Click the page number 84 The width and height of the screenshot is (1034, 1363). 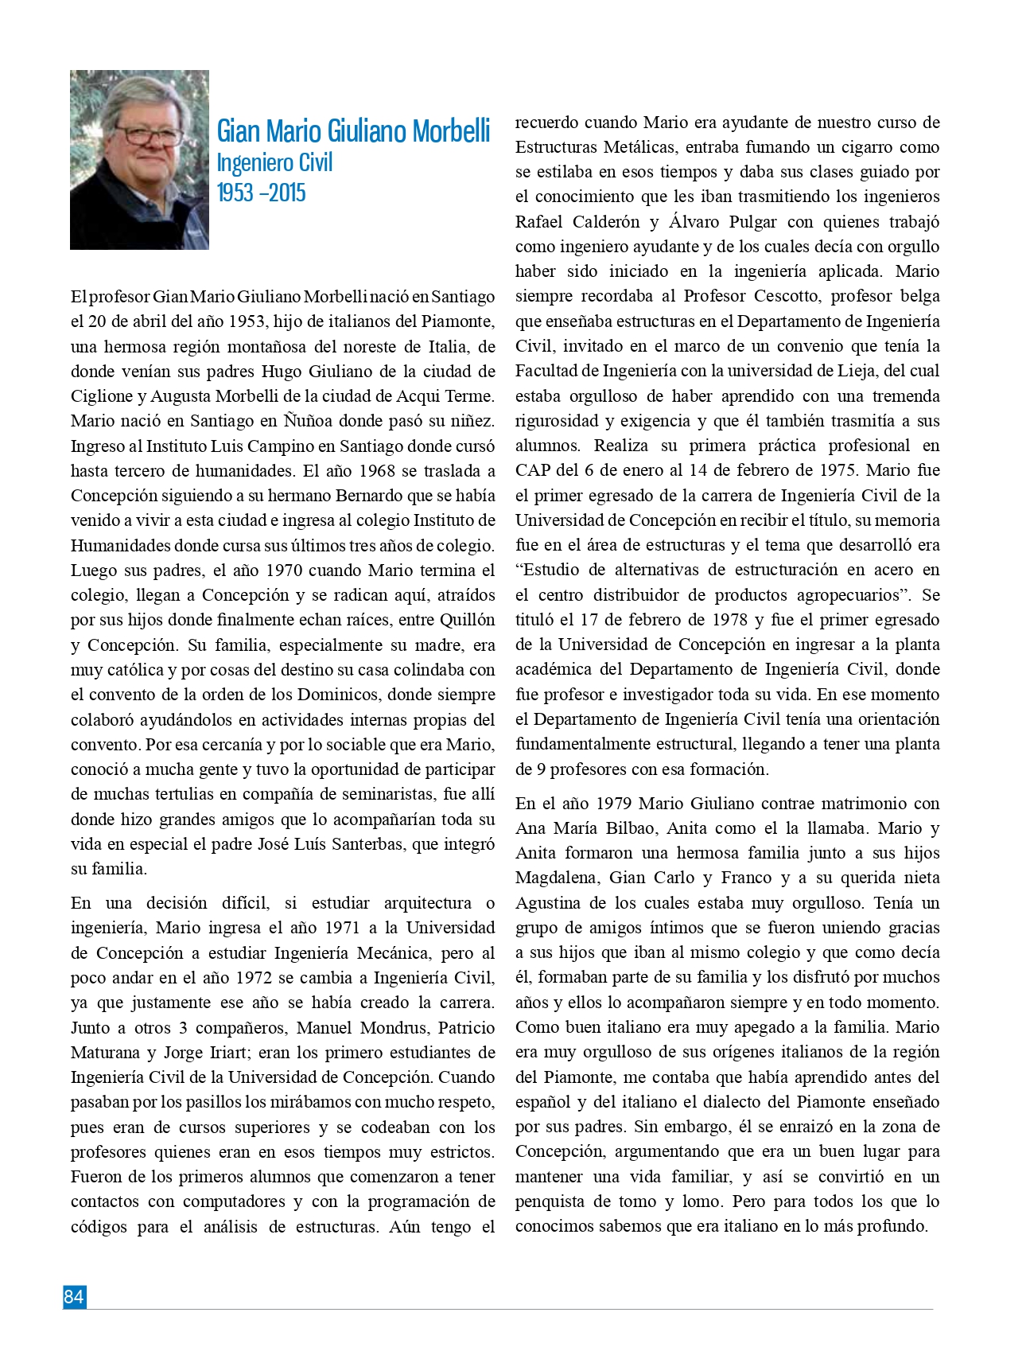click(74, 1297)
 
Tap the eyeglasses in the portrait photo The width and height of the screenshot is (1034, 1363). click(148, 135)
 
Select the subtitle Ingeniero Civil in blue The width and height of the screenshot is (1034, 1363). click(274, 163)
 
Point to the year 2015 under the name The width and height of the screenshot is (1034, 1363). click(286, 193)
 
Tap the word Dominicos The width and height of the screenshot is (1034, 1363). click(342, 695)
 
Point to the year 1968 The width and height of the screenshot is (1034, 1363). click(376, 470)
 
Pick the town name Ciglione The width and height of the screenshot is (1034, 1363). click(101, 396)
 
